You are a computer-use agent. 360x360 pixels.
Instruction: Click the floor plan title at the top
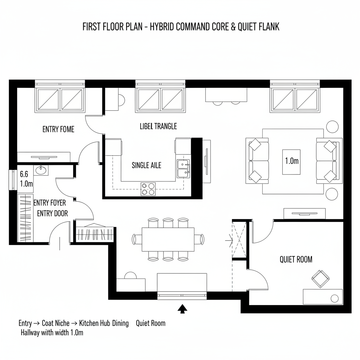pyautogui.click(x=181, y=27)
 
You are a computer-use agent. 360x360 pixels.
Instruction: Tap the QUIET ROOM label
pyautogui.click(x=296, y=259)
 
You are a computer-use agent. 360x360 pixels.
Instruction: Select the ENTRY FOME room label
pyautogui.click(x=58, y=129)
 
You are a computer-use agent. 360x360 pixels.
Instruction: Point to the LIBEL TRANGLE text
pyautogui.click(x=158, y=126)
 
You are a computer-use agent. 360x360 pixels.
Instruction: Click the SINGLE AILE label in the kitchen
pyautogui.click(x=146, y=165)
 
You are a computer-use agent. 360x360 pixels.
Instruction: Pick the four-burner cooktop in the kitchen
pyautogui.click(x=148, y=189)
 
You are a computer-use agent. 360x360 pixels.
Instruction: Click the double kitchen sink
pyautogui.click(x=183, y=168)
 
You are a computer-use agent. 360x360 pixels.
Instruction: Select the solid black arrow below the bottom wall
pyautogui.click(x=182, y=308)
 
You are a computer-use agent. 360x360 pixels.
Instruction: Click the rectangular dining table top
pyautogui.click(x=168, y=239)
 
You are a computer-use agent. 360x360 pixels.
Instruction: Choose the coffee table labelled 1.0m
pyautogui.click(x=291, y=161)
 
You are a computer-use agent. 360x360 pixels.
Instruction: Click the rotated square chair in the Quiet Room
pyautogui.click(x=320, y=278)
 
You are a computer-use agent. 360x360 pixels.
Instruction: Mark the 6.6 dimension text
pyautogui.click(x=24, y=174)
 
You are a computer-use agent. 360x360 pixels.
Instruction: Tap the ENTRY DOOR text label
pyautogui.click(x=52, y=213)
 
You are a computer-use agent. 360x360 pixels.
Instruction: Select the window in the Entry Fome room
pyautogui.click(x=60, y=99)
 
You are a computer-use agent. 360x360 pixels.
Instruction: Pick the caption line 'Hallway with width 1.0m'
pyautogui.click(x=52, y=332)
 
